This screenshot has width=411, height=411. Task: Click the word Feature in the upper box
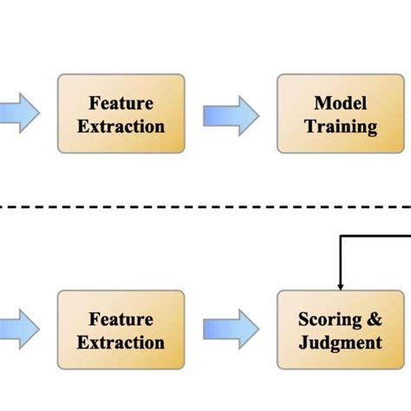121,104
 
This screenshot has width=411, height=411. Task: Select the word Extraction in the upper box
121,126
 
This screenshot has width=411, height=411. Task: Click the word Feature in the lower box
121,320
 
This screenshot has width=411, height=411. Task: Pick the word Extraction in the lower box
121,342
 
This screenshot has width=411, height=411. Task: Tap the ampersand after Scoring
373,320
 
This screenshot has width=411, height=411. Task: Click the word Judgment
340,342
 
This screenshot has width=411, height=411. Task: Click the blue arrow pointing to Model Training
231,114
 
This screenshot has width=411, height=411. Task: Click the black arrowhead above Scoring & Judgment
340,285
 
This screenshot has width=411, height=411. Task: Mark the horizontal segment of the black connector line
375,235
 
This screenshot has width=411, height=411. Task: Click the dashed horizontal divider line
205,206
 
